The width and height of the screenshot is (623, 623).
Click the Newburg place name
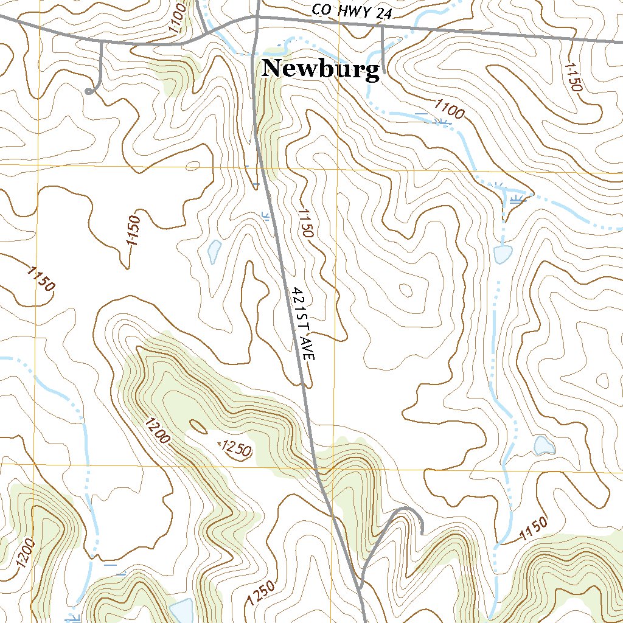(321, 69)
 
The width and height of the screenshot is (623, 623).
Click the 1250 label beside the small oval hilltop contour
(235, 449)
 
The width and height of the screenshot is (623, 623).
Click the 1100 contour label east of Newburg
(449, 109)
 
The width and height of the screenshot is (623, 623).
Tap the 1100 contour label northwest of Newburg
(177, 18)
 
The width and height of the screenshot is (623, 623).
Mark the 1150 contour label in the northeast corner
(573, 77)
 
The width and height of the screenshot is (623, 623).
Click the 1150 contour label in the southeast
(534, 529)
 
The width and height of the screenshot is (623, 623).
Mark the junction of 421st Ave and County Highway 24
(258, 17)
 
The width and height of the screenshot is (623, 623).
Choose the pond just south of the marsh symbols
(503, 254)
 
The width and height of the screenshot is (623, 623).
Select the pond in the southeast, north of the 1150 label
(543, 445)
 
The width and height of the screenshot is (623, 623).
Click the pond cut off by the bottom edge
(182, 610)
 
